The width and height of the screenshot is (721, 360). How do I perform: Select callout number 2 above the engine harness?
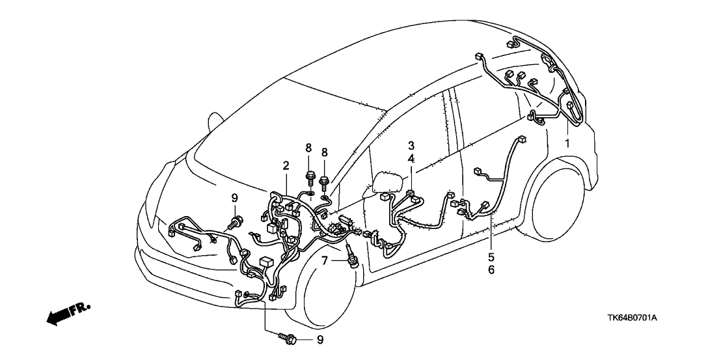[x=285, y=167]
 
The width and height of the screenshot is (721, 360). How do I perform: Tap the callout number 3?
[x=411, y=145]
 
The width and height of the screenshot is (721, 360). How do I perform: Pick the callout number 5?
[x=491, y=256]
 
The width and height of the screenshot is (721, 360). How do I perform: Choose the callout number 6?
[x=491, y=270]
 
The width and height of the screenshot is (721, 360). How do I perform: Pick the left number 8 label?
[x=309, y=152]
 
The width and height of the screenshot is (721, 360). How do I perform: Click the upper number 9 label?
[x=235, y=198]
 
